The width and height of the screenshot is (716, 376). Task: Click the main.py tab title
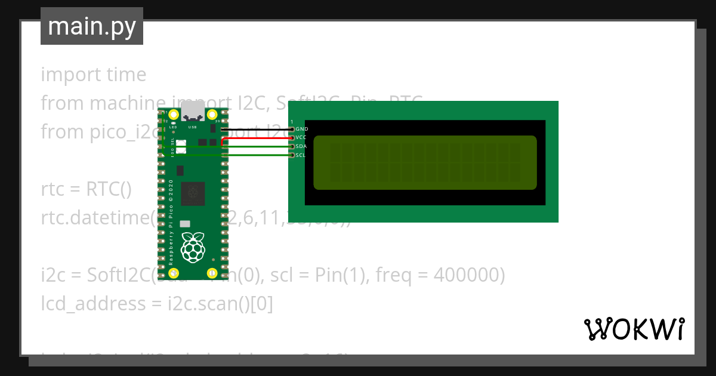[x=92, y=27]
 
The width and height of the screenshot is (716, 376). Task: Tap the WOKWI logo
[x=634, y=329]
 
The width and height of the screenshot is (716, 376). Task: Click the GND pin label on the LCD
[x=302, y=129]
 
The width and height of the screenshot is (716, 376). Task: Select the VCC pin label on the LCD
[x=301, y=137]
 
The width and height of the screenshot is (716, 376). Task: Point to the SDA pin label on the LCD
[x=301, y=146]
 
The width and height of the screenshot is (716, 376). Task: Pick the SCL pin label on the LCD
[x=301, y=155]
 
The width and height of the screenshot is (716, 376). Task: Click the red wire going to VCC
[x=257, y=138]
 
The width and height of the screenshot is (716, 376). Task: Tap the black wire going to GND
[x=257, y=129]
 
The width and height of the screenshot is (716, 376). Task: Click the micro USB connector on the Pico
[x=193, y=111]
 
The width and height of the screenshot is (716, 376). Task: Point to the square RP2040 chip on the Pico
[x=193, y=193]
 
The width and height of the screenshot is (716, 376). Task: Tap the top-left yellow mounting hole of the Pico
[x=174, y=115]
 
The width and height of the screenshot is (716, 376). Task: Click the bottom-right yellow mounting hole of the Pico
[x=212, y=273]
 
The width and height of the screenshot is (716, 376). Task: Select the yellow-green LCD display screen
[x=425, y=162]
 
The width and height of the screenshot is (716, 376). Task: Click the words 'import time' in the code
[x=94, y=75]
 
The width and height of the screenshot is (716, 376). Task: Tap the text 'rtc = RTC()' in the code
[x=86, y=189]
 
